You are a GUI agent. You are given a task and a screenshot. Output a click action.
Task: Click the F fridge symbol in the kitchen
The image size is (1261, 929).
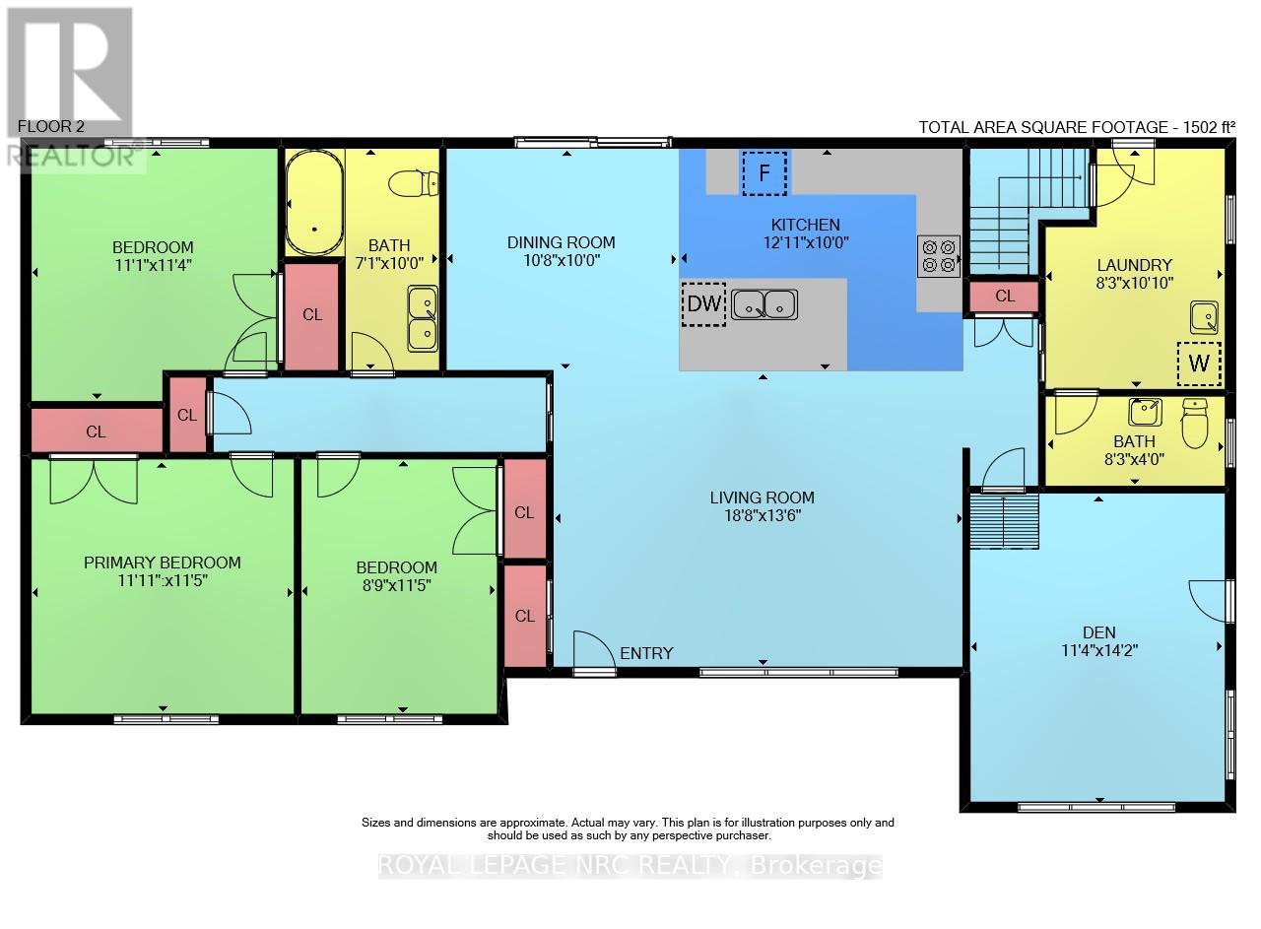764,173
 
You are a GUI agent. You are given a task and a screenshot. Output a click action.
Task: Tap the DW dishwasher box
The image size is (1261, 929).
703,303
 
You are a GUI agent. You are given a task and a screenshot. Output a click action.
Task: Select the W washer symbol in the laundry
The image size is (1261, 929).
1198,363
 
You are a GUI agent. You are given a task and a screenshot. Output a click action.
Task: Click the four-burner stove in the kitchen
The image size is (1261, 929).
938,255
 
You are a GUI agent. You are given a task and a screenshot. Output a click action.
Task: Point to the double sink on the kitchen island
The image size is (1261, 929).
764,304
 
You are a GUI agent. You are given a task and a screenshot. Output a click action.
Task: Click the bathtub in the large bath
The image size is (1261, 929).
314,203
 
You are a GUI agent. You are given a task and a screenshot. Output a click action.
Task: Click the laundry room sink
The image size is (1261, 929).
1204,317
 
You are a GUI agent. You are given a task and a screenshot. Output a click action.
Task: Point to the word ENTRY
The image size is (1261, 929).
646,653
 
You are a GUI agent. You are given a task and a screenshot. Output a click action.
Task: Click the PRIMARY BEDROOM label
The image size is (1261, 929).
162,563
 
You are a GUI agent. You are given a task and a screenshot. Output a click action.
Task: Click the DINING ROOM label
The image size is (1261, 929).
561,242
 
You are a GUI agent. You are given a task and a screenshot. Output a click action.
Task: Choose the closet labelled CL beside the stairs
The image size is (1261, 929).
1004,296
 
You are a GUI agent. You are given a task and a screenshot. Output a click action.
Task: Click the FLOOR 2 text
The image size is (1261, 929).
51,127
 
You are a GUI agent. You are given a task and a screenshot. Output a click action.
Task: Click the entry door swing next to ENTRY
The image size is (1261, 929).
593,652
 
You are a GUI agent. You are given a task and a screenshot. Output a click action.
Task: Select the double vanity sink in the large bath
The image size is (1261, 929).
424,317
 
